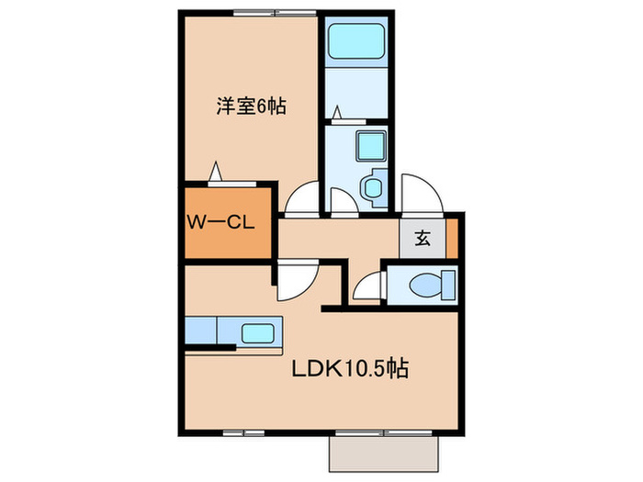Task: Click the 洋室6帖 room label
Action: pyautogui.click(x=251, y=106)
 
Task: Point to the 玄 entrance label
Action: pyautogui.click(x=423, y=239)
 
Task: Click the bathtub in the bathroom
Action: pyautogui.click(x=357, y=42)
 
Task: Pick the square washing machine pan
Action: pyautogui.click(x=371, y=144)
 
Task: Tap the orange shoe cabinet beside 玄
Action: pyautogui.click(x=451, y=238)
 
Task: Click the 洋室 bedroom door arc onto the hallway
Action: pyautogui.click(x=299, y=198)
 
